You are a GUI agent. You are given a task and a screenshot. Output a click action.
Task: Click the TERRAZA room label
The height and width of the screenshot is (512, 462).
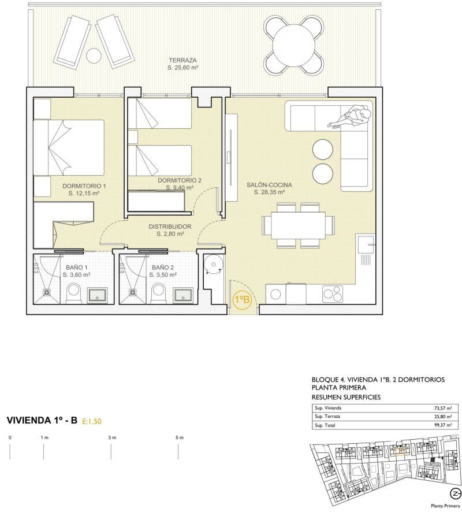click(x=182, y=60)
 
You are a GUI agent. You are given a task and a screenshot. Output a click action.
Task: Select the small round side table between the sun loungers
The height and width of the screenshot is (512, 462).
click(x=94, y=55)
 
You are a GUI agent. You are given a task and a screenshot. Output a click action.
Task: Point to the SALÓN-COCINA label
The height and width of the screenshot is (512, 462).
click(x=269, y=185)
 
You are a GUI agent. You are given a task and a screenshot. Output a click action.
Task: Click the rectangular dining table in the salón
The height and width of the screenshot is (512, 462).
click(x=298, y=225)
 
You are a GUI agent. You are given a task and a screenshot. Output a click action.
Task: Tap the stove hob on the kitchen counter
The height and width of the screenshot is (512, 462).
click(x=333, y=294)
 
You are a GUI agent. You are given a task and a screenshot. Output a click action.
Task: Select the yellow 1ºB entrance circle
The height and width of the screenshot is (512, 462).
click(x=242, y=300)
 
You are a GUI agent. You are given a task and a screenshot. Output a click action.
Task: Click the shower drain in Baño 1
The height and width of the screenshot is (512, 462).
click(x=47, y=292)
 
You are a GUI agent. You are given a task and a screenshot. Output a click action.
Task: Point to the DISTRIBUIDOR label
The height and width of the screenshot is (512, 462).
click(x=170, y=227)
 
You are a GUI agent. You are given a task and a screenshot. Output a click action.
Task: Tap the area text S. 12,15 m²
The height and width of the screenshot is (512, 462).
click(x=84, y=194)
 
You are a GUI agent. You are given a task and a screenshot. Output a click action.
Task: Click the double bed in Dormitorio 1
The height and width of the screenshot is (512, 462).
click(x=69, y=147)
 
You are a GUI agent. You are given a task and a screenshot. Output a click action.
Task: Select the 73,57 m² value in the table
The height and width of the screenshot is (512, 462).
click(x=443, y=408)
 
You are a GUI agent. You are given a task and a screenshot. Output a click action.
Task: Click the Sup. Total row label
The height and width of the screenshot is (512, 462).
click(x=325, y=425)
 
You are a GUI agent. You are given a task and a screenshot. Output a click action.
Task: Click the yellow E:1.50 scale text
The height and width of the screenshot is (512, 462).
click(x=92, y=421)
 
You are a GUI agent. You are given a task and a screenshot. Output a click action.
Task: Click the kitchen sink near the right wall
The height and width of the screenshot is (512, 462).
click(x=366, y=244)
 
